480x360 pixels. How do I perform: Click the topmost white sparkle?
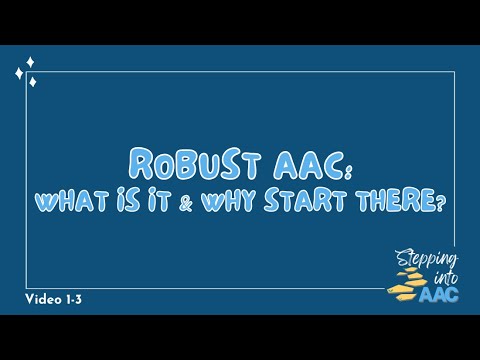[x=30, y=62]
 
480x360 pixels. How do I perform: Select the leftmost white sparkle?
[x=19, y=73]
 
